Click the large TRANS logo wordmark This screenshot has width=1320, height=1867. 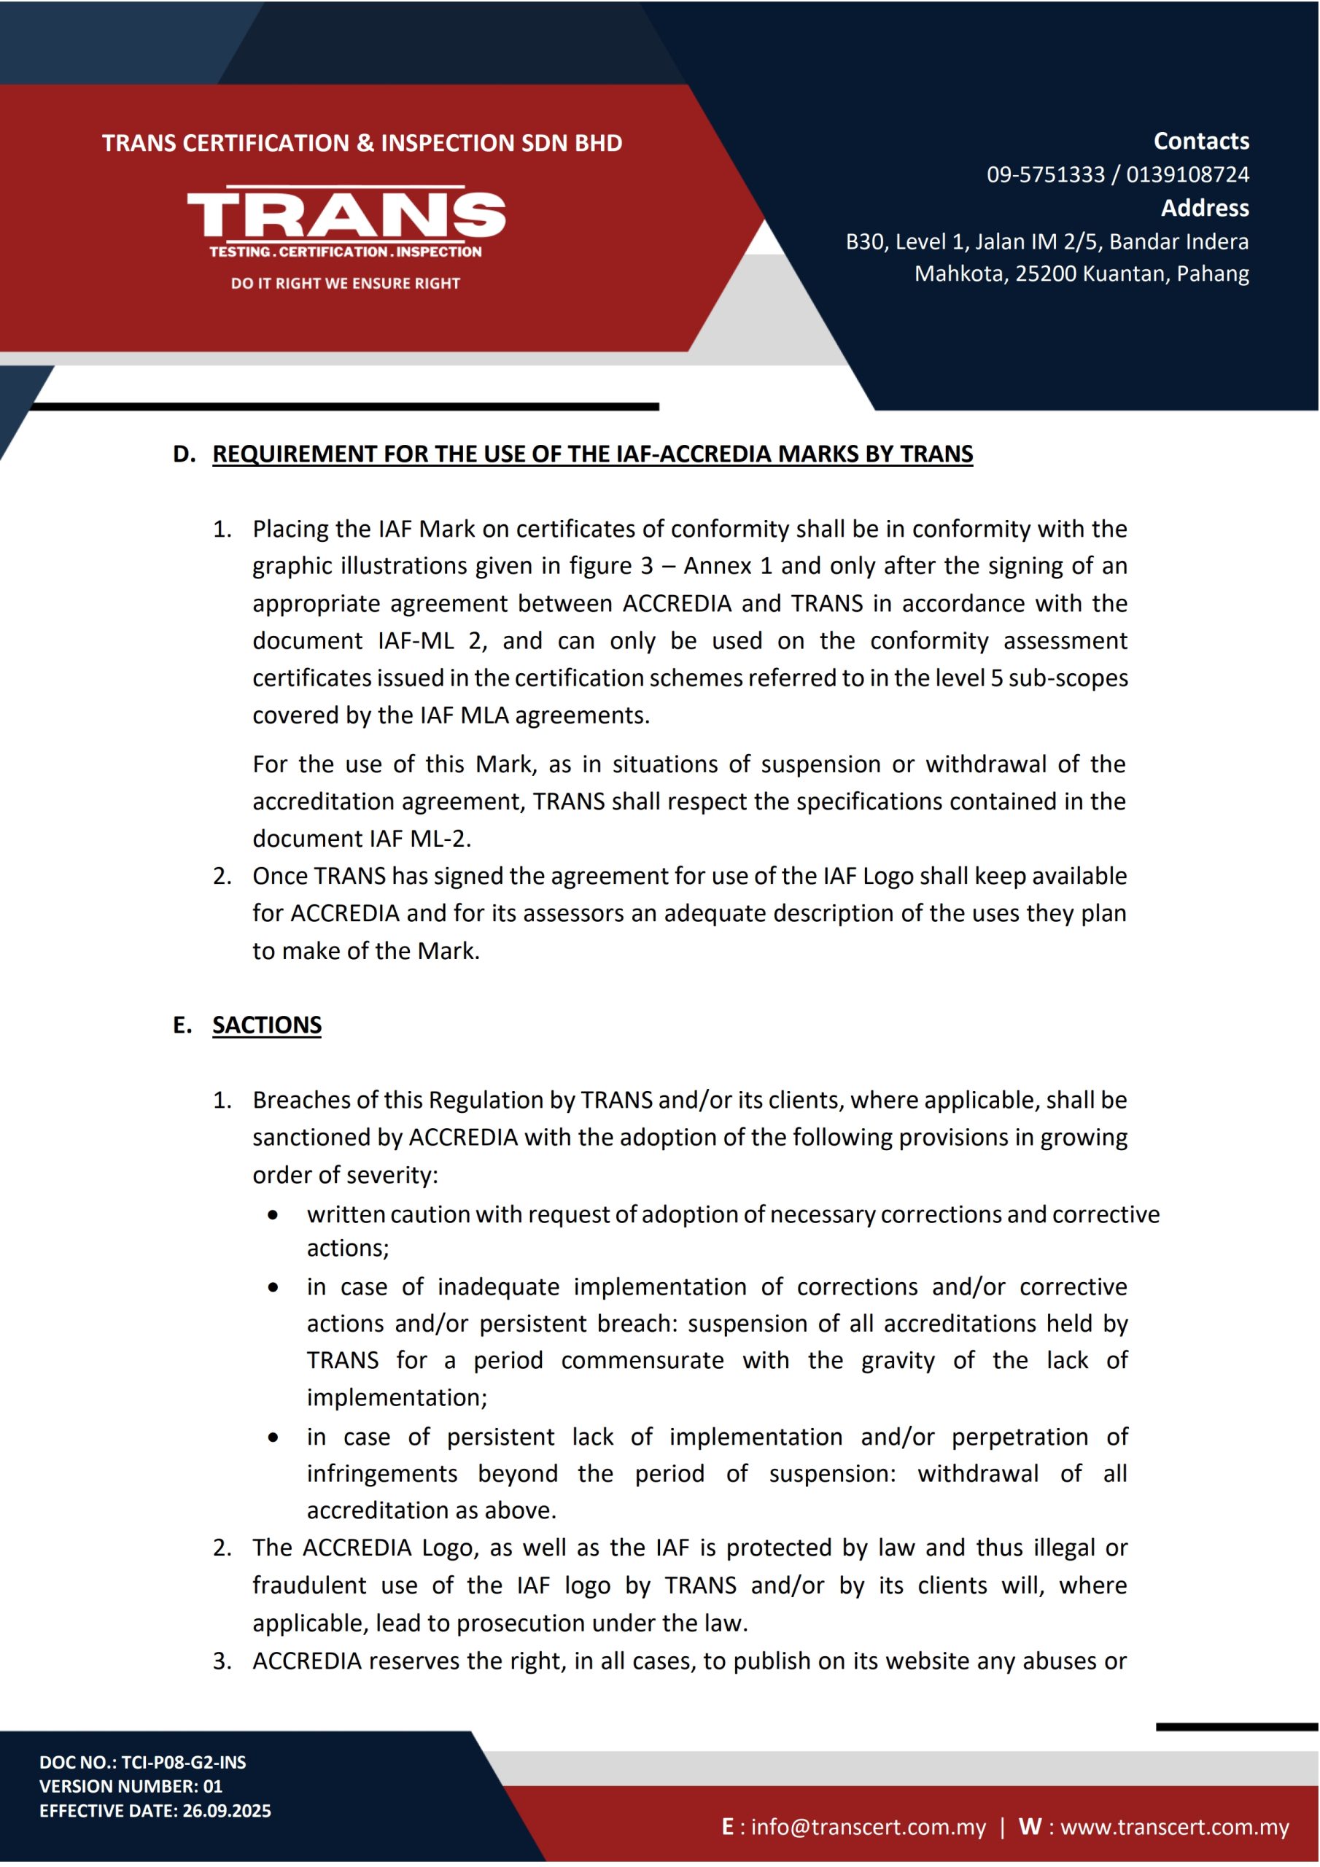pyautogui.click(x=346, y=214)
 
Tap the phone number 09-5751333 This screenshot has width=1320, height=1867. pyautogui.click(x=1045, y=175)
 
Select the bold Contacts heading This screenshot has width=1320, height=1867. pyautogui.click(x=1200, y=141)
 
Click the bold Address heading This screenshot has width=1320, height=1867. pyautogui.click(x=1204, y=208)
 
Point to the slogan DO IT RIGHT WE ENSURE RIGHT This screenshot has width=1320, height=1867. pyautogui.click(x=345, y=284)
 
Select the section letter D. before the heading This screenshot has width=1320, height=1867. pyautogui.click(x=184, y=454)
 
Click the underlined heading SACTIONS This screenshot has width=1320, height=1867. pyautogui.click(x=267, y=1025)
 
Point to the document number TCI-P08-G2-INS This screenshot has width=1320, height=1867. pyautogui.click(x=184, y=1762)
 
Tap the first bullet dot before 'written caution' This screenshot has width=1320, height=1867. pyautogui.click(x=273, y=1215)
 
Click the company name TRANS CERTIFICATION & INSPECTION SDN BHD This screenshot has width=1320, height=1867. pyautogui.click(x=362, y=143)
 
